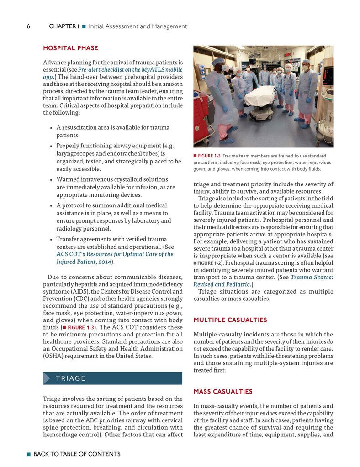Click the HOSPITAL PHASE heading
pos(70,48)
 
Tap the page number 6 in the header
pos(28,26)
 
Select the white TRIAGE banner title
pos(71,378)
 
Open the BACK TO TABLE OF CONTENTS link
pos(77,454)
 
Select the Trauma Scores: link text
pos(312,277)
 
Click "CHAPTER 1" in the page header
pos(64,26)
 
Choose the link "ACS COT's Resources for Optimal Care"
pos(115,254)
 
